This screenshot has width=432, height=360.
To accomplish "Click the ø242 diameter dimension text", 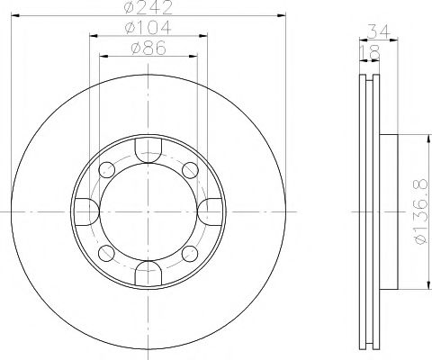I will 149,9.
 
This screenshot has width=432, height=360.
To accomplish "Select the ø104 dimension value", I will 149,29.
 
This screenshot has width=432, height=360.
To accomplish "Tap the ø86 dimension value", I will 149,48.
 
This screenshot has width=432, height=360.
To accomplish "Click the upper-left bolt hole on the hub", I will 107,169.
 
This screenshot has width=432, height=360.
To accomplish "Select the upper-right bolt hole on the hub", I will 190,169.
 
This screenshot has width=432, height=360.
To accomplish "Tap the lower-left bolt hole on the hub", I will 107,252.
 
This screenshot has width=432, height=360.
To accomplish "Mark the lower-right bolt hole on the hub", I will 190,252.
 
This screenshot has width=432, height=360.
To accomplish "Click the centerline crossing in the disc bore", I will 148,211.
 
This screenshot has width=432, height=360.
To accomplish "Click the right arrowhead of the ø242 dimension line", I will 280,16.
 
